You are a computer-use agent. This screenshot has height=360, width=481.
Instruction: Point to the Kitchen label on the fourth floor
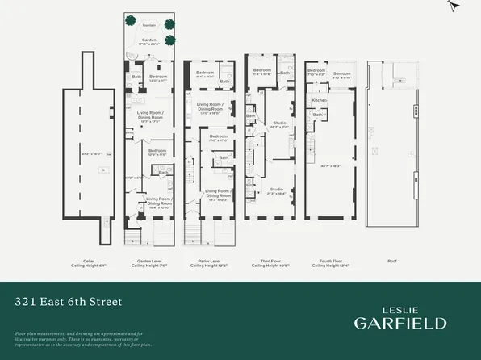pos(319,100)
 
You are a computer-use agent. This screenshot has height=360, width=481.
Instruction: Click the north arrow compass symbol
pos(454,6)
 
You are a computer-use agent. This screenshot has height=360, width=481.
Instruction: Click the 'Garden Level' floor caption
pos(145,261)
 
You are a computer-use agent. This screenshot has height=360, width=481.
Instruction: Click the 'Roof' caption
pos(393,261)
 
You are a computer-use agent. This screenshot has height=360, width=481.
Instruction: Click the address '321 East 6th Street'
pos(69,303)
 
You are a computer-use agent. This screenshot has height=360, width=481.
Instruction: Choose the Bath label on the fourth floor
pos(320,115)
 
